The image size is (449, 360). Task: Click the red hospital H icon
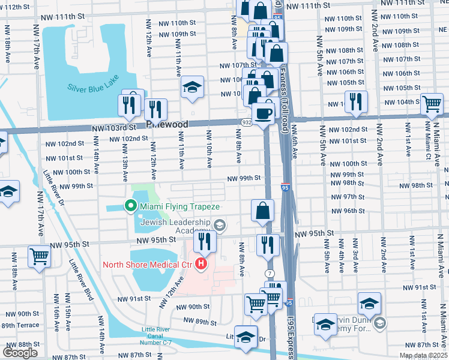[202, 264]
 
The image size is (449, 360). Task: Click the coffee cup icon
[263, 112]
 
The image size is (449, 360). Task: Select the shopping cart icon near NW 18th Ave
[40, 256]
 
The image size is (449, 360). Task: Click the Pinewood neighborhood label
[168, 125]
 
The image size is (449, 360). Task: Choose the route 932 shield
[247, 122]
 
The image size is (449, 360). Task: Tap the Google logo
[20, 353]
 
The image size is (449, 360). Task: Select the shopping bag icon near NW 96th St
[263, 211]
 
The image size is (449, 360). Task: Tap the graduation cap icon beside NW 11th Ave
[192, 89]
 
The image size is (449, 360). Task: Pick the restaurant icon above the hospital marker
[205, 241]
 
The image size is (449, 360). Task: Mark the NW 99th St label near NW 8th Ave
[244, 178]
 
